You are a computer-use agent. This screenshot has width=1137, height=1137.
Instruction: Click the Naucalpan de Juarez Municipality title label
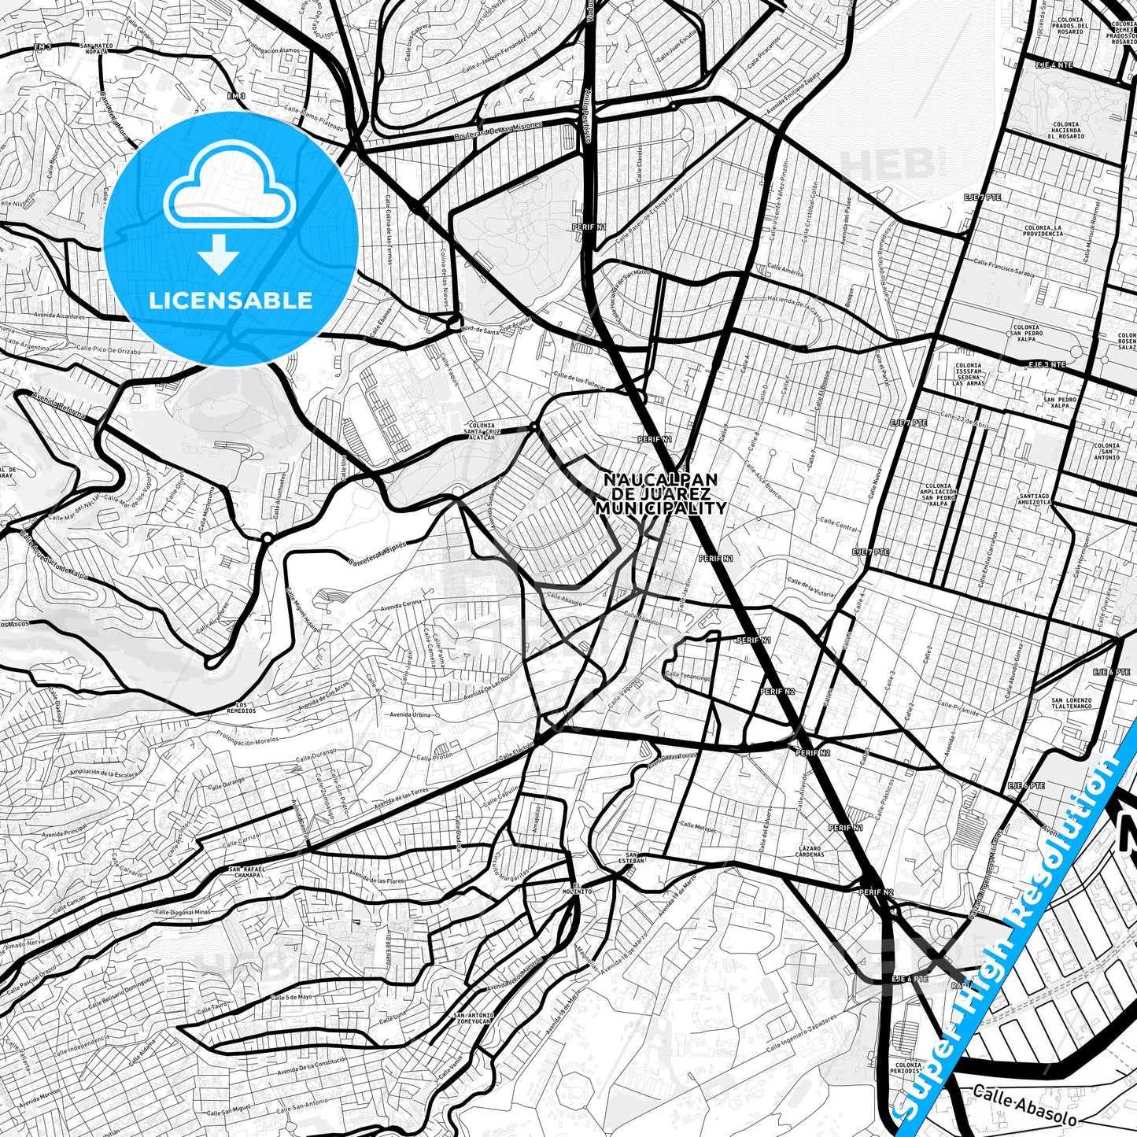click(x=660, y=494)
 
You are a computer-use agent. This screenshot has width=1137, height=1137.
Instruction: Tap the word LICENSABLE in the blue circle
click(x=231, y=301)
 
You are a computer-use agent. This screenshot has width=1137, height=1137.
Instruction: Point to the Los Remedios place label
click(x=245, y=707)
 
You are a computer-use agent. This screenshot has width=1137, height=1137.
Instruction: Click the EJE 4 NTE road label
click(x=1054, y=65)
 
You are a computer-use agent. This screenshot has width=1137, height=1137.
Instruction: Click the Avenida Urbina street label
click(x=410, y=715)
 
